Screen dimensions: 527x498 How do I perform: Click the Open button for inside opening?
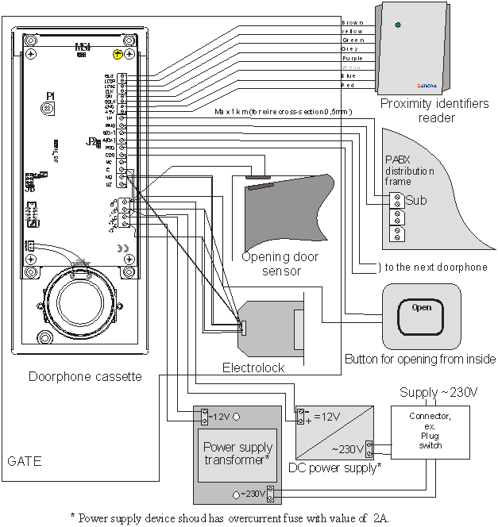click(421, 308)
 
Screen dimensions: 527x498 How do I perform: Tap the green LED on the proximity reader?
click(398, 25)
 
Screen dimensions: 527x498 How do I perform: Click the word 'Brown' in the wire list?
click(352, 22)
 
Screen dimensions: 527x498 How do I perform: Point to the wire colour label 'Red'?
click(347, 83)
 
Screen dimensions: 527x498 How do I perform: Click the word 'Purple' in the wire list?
click(351, 57)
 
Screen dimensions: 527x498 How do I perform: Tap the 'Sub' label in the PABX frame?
click(416, 200)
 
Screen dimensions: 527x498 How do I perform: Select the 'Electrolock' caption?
click(253, 367)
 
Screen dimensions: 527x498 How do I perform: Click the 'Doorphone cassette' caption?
click(84, 376)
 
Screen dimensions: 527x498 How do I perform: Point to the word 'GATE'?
click(23, 460)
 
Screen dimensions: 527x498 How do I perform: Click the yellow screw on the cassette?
click(117, 54)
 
